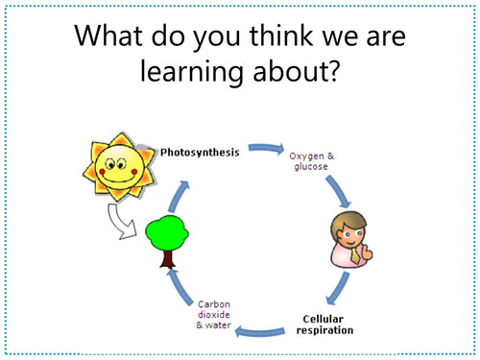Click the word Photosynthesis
201,152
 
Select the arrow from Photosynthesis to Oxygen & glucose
264,150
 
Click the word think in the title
265,36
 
